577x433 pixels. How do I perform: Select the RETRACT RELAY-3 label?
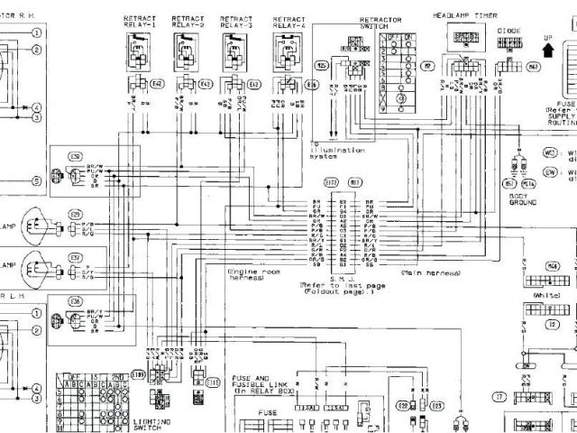(240, 22)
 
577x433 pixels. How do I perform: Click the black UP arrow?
(547, 42)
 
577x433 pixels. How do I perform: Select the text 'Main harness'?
(429, 272)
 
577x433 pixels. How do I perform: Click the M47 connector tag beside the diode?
(534, 68)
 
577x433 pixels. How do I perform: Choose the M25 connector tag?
(321, 67)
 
